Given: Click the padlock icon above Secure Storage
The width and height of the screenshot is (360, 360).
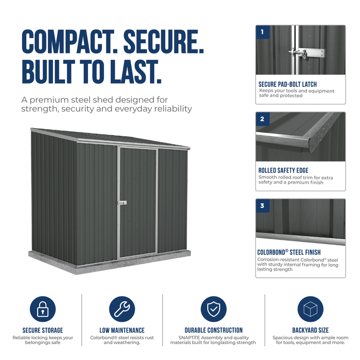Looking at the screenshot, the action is tap(43, 309).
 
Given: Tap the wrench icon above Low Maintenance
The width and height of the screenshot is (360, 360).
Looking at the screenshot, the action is tap(122, 309).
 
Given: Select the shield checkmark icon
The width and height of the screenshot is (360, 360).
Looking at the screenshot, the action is tap(213, 309).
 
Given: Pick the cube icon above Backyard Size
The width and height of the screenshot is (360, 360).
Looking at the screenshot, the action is tap(311, 309).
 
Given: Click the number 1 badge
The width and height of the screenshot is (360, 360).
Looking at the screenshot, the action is tap(262, 32).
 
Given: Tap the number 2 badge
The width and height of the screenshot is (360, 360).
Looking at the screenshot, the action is tap(262, 119).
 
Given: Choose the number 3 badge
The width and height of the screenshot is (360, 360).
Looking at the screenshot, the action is tap(262, 206).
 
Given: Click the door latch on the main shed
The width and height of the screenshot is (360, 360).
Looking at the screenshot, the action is tap(122, 203).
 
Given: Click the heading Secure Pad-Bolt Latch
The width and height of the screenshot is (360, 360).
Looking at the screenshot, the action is tap(287, 84).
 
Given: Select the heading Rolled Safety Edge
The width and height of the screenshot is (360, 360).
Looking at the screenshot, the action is tap(283, 171).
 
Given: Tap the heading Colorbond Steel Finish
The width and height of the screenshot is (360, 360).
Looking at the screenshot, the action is tap(289, 253).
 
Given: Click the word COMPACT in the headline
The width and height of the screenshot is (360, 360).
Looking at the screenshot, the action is tap(70, 42).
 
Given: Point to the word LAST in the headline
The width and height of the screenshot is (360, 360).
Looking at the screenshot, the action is tap(136, 71).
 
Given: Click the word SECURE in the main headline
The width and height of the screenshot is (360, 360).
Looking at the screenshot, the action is tap(164, 42).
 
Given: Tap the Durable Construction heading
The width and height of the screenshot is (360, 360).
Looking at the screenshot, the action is tap(213, 330).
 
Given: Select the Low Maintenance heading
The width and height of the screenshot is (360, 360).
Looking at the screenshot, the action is tap(122, 330).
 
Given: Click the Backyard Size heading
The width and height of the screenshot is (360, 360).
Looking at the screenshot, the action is tap(311, 330).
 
